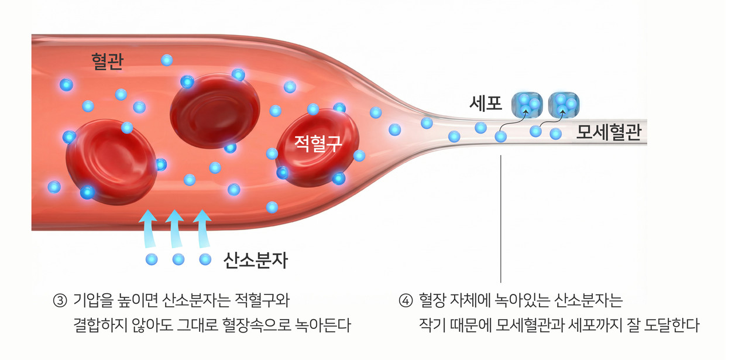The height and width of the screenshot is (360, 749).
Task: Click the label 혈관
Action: (107, 61)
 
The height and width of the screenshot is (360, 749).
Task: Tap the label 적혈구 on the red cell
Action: (318, 142)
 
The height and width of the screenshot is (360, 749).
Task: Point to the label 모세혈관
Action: (609, 133)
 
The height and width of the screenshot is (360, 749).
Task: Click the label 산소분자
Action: (256, 260)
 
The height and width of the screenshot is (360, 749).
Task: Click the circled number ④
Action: (406, 301)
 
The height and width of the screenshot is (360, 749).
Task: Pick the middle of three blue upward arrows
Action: (175, 229)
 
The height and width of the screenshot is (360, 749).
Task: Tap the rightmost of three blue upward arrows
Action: (202, 229)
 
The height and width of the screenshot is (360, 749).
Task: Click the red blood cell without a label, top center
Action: (215, 111)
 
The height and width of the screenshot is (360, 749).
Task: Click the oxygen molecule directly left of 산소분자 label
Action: (205, 259)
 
